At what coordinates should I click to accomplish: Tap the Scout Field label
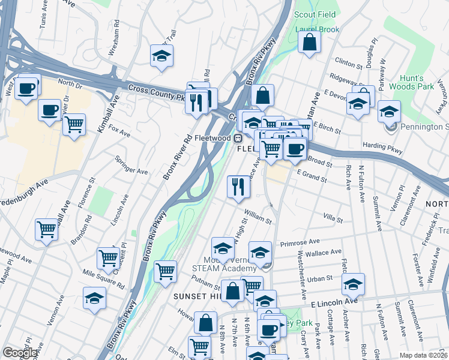[x=315, y=14]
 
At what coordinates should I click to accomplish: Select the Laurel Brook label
[x=317, y=29]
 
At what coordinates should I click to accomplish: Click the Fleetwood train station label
[x=215, y=138]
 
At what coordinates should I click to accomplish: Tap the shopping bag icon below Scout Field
[x=309, y=43]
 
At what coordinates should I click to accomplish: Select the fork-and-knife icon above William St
[x=238, y=187]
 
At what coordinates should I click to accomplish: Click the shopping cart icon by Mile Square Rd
[x=108, y=257]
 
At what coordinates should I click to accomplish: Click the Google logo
[x=19, y=352]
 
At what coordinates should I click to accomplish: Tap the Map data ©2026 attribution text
[x=423, y=355]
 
